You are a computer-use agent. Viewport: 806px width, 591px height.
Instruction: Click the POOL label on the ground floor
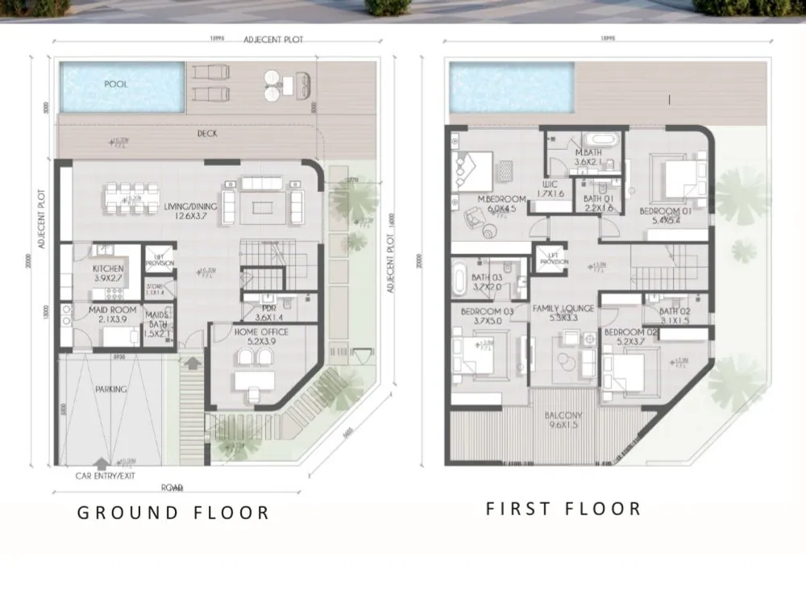click(116, 84)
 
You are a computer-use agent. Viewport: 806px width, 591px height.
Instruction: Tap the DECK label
click(207, 135)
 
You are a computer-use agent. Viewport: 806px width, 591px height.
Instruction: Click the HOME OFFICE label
click(260, 331)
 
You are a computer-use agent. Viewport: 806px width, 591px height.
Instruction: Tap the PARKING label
click(110, 389)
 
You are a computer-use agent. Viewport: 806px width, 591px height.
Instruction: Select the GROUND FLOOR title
click(172, 513)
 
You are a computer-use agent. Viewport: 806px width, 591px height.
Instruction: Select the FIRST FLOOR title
click(563, 509)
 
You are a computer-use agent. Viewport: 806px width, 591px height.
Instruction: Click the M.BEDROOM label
click(501, 199)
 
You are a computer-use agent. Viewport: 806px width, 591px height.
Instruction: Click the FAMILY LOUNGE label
click(563, 309)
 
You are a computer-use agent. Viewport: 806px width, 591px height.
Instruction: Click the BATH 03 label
click(487, 278)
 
